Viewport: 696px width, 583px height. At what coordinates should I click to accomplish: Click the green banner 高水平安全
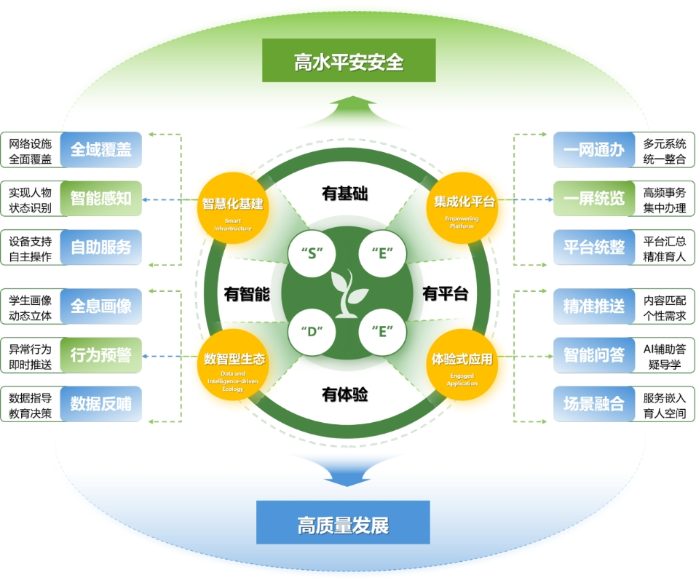tap(349, 60)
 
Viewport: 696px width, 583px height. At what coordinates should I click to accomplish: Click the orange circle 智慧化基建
tap(232, 207)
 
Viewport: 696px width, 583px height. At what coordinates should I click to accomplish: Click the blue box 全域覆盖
tap(100, 149)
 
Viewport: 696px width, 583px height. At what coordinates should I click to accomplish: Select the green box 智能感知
tap(100, 198)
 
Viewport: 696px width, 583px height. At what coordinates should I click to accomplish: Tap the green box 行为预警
tap(100, 355)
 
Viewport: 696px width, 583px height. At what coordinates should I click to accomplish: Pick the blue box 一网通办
tap(593, 150)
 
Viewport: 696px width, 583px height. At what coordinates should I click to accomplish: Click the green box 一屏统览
tap(593, 199)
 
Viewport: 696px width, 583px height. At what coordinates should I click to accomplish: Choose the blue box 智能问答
tap(593, 355)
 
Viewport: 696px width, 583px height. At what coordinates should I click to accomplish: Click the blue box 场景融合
tap(593, 404)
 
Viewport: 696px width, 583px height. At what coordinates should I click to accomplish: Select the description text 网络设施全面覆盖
tap(30, 150)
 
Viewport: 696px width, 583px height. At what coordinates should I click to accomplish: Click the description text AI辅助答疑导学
tap(664, 356)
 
